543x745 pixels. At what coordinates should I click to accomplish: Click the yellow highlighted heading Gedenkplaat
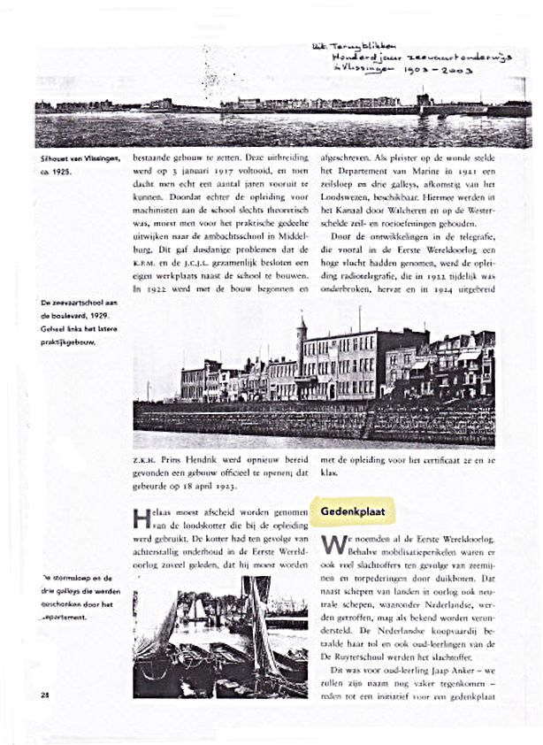[x=351, y=511]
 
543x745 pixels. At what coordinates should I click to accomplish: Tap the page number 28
[x=44, y=695]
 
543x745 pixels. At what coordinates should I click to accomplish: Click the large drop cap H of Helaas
[x=141, y=519]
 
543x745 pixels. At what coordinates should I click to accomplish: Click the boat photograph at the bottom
[x=220, y=637]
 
